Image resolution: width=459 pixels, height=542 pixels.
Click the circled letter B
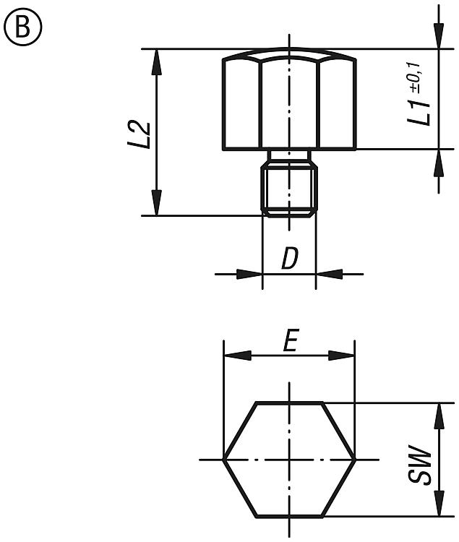point(23,27)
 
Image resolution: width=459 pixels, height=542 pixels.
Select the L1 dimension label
point(419,112)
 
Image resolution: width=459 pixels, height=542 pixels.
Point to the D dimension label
point(290,258)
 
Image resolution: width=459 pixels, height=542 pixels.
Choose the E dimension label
point(291,340)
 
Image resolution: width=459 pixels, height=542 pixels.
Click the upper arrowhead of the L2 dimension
point(157,62)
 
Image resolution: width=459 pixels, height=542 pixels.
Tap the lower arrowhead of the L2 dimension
point(157,202)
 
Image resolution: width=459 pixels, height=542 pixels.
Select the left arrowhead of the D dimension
point(249,275)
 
